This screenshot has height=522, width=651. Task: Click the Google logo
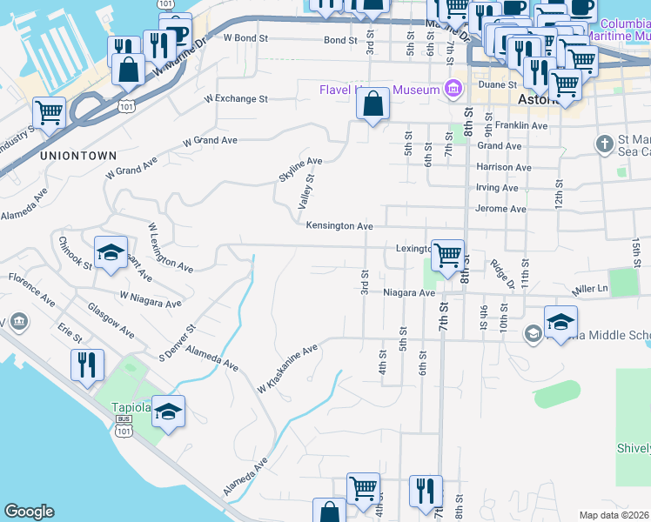click(x=29, y=512)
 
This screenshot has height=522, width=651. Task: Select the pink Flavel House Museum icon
click(x=452, y=89)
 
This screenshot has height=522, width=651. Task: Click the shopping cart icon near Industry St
click(x=49, y=112)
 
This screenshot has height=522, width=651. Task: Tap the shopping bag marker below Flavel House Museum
click(x=372, y=104)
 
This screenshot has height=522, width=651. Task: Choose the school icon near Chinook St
click(x=111, y=252)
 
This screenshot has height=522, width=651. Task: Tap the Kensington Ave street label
click(x=339, y=226)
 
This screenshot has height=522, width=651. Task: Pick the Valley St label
click(x=305, y=191)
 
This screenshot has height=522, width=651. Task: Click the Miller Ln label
click(x=588, y=288)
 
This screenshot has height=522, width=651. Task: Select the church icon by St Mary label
click(x=604, y=143)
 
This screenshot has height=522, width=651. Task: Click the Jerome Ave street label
click(x=500, y=209)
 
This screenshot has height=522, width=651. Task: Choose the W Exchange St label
click(x=236, y=99)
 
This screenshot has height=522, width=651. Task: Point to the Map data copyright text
click(x=614, y=515)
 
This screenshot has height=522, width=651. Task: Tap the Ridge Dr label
click(x=500, y=272)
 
